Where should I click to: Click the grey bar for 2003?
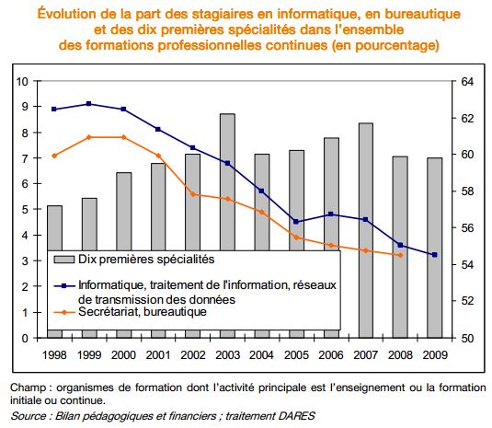pos(227,182)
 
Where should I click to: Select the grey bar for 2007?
pos(365,230)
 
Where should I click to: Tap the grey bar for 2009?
pos(435,249)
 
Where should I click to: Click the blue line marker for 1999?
pos(89,104)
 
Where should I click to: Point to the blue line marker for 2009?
pos(435,255)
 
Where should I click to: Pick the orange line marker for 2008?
pos(400,255)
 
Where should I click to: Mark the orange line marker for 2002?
pos(193,194)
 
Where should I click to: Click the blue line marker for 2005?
pos(296,222)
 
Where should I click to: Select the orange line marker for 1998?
pos(54,156)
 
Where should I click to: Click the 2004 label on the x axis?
pos(262,355)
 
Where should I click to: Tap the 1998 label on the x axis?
pos(54,355)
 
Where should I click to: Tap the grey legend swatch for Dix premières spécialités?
pos(64,260)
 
